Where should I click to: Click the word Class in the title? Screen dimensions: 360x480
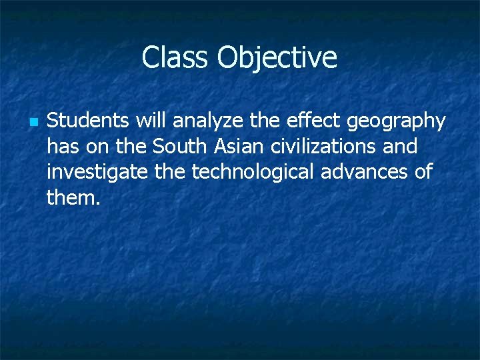(x=175, y=57)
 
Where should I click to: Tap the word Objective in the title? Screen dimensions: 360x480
(x=277, y=57)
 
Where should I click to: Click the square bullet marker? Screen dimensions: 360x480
(x=34, y=123)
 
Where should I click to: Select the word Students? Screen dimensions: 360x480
(x=89, y=121)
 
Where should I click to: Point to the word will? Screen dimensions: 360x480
(x=151, y=121)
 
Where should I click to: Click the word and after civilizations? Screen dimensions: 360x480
(x=400, y=146)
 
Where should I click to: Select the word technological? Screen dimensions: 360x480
(x=254, y=172)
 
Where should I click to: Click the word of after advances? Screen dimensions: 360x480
(x=423, y=172)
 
